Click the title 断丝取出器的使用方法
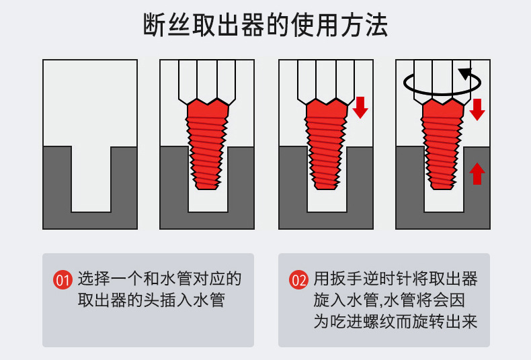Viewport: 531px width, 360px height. [x=265, y=26]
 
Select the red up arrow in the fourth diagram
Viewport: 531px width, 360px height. [x=477, y=173]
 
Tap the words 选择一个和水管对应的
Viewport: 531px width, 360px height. [x=159, y=279]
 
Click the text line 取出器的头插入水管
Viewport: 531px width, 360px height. [x=151, y=300]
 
